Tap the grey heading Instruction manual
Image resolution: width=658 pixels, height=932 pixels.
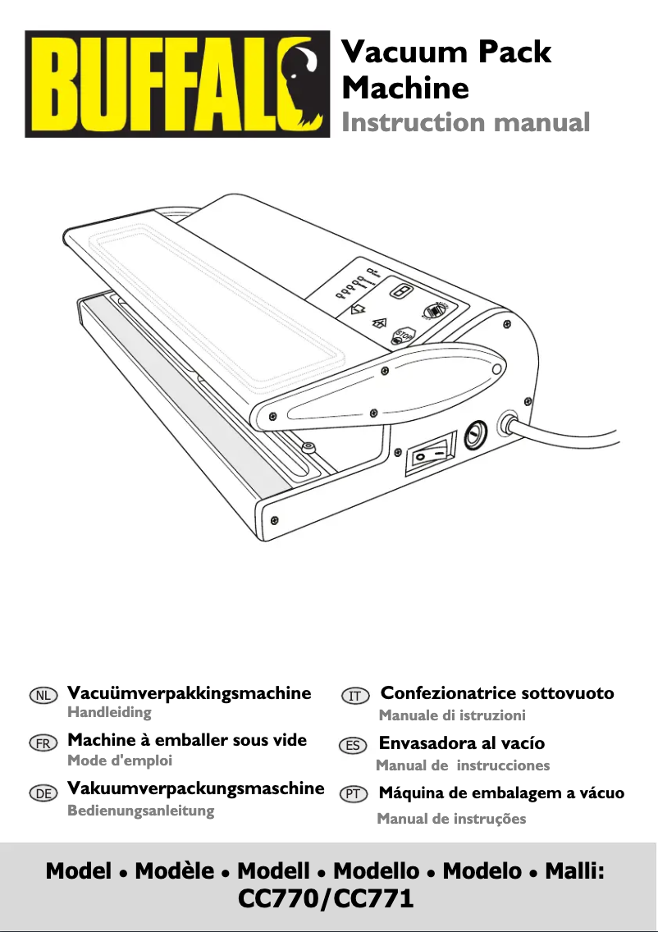(465, 122)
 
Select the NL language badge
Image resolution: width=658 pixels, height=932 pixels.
(43, 696)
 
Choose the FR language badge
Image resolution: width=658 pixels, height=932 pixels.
(43, 743)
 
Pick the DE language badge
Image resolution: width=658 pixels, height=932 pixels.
(43, 793)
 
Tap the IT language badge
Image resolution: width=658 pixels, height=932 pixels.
(355, 696)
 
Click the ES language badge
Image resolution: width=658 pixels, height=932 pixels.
(353, 746)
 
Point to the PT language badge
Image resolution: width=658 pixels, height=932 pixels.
(353, 794)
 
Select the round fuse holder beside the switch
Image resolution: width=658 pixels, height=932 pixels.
(475, 436)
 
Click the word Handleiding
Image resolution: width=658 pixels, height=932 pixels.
(109, 712)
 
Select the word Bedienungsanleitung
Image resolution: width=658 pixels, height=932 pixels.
(141, 810)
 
